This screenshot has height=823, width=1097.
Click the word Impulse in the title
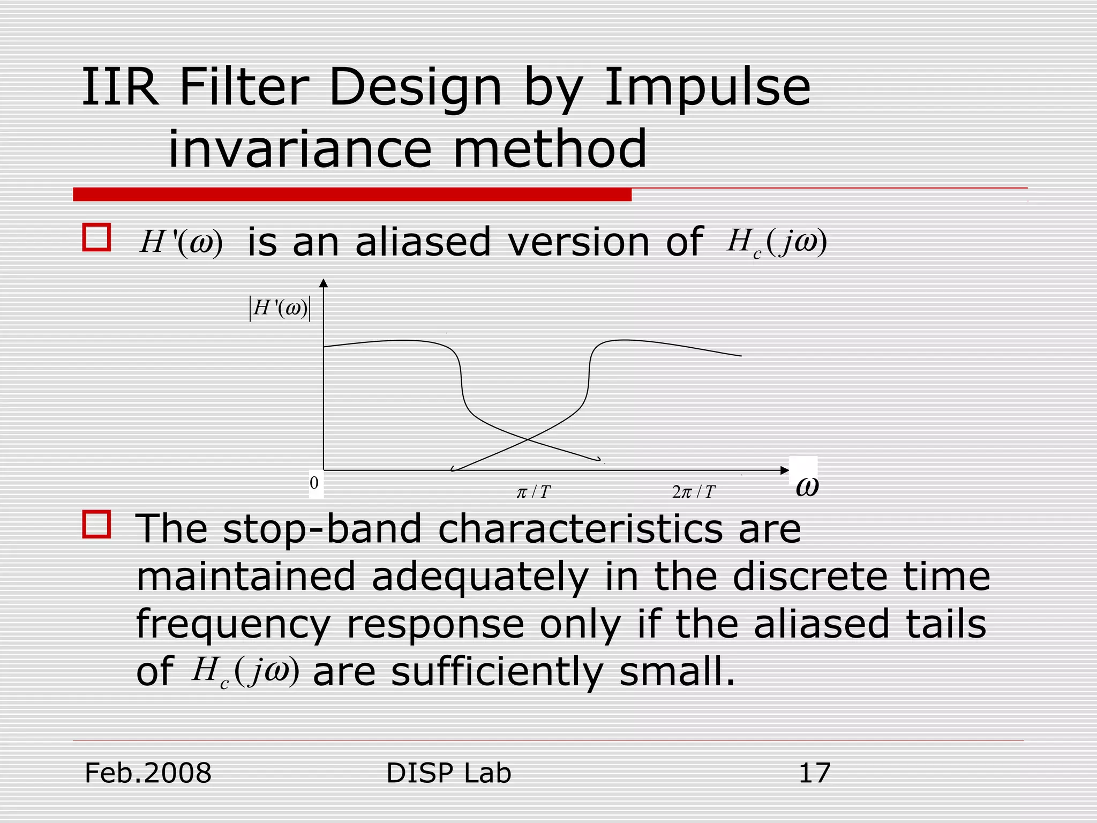(707, 88)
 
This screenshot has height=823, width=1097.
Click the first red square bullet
(96, 237)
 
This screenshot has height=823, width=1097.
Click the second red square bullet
(96, 524)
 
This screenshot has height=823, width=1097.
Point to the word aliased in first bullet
(423, 242)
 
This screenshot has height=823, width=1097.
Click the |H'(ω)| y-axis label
(280, 309)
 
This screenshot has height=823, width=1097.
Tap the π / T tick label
(533, 492)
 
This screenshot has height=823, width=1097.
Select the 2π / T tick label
(693, 492)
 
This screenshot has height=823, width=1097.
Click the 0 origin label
(314, 483)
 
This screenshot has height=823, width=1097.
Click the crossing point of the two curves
(528, 439)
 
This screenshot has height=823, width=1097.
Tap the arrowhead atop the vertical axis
(323, 283)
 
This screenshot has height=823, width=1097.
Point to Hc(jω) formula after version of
(777, 243)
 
